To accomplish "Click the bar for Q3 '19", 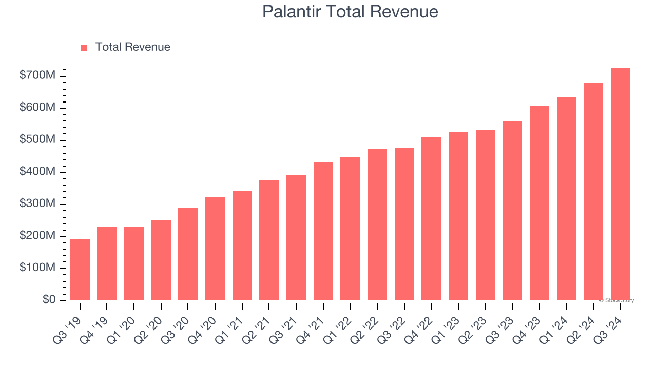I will [80, 270].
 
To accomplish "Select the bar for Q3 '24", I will [621, 184].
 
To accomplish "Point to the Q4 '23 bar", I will [539, 203].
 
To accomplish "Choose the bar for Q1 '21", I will [242, 245].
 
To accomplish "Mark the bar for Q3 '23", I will [512, 211].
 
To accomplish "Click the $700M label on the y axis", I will [37, 76].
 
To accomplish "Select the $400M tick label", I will [37, 172].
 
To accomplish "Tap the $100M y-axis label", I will [37, 268].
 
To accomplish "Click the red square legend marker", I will [84, 48].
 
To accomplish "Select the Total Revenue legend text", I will [132, 47].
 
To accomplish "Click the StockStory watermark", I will [616, 300].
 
